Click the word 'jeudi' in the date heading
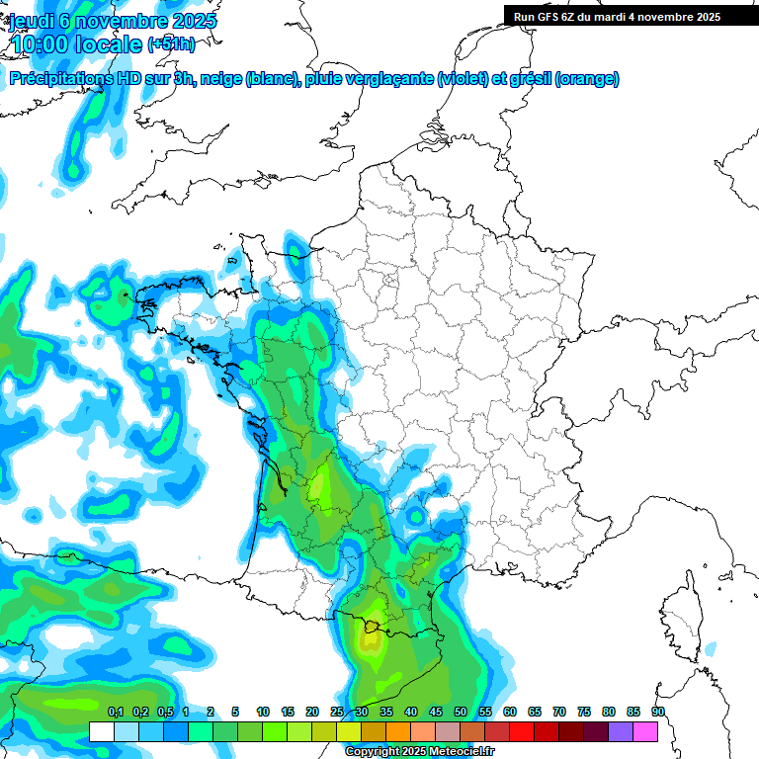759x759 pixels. tap(33, 21)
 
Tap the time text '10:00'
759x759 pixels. tap(43, 44)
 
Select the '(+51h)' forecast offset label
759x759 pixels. tap(171, 44)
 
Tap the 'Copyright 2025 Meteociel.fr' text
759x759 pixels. tap(420, 752)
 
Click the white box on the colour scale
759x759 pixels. tap(101, 731)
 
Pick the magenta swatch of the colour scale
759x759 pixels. tap(645, 731)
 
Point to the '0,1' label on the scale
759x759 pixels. tap(116, 712)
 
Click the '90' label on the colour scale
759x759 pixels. tap(658, 712)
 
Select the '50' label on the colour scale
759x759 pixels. tap(461, 712)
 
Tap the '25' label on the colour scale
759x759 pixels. tap(337, 712)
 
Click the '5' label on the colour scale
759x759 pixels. tap(235, 712)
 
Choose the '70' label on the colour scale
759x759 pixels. tap(559, 712)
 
